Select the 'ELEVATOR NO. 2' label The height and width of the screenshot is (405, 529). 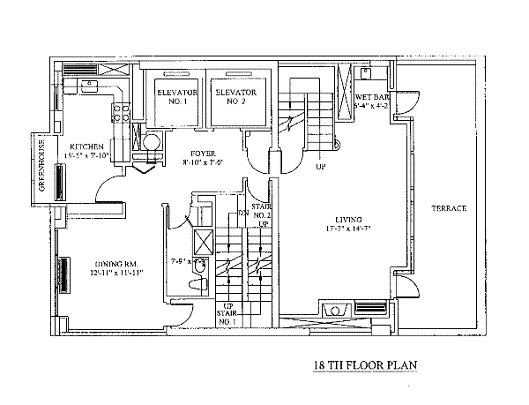pos(235,96)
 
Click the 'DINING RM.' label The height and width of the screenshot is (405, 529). pos(113,262)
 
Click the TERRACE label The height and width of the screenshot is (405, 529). pos(449,208)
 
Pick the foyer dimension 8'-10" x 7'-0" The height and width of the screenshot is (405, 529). pos(202,162)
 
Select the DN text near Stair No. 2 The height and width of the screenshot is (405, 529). pos(244,214)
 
